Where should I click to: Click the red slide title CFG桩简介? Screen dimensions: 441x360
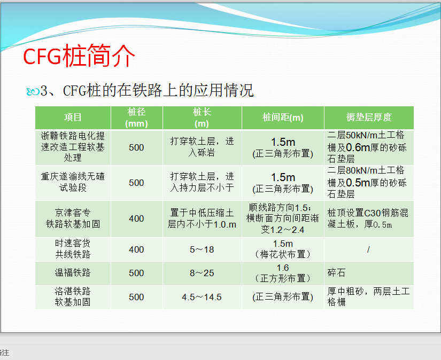pyautogui.click(x=79, y=56)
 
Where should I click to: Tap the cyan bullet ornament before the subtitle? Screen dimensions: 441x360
pyautogui.click(x=33, y=91)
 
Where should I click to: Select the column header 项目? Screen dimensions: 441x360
pyautogui.click(x=73, y=117)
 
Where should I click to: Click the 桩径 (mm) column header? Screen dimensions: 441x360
pyautogui.click(x=136, y=118)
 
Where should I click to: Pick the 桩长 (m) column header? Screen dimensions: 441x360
pyautogui.click(x=202, y=118)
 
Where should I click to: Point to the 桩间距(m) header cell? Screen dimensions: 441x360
pyautogui.click(x=283, y=117)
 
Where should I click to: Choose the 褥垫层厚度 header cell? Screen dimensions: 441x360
pyautogui.click(x=369, y=117)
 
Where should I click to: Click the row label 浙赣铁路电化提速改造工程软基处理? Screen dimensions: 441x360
pyautogui.click(x=73, y=147)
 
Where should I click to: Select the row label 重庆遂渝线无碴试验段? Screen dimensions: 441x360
pyautogui.click(x=73, y=182)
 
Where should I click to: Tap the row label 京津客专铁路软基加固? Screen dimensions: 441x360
pyautogui.click(x=73, y=218)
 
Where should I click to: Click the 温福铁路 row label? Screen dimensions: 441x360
pyautogui.click(x=73, y=272)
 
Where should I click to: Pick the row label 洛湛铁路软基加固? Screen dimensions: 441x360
pyautogui.click(x=73, y=296)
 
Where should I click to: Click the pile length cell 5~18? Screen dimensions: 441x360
pyautogui.click(x=202, y=249)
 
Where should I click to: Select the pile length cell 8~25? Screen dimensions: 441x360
pyautogui.click(x=202, y=273)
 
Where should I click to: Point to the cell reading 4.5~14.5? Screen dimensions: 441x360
pyautogui.click(x=202, y=297)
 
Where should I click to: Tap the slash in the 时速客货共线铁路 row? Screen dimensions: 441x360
pyautogui.click(x=368, y=249)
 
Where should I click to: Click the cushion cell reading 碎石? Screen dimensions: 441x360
pyautogui.click(x=336, y=272)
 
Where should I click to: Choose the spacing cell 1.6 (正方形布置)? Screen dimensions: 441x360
pyautogui.click(x=283, y=273)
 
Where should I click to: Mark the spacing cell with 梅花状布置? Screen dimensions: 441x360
pyautogui.click(x=283, y=249)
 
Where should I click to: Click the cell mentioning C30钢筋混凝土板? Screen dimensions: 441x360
pyautogui.click(x=368, y=218)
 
